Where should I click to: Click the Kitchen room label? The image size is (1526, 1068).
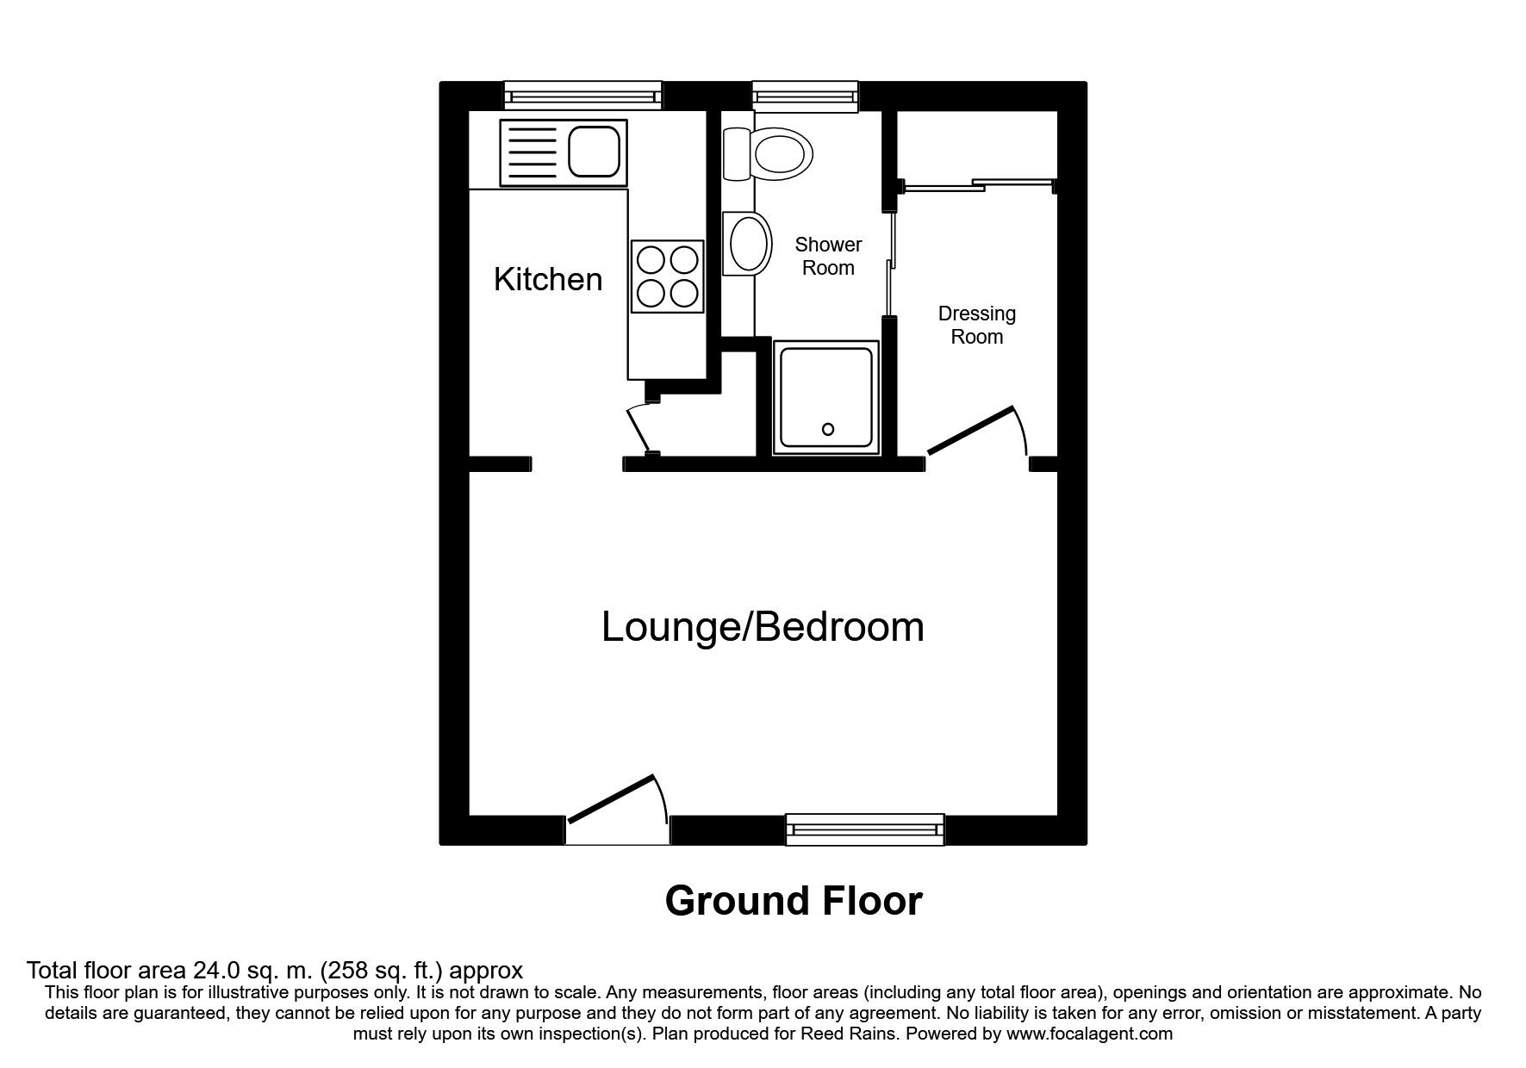(548, 279)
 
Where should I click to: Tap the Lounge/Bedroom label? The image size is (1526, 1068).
(763, 627)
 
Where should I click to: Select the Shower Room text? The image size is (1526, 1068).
(828, 256)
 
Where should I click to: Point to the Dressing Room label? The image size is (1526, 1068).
(976, 325)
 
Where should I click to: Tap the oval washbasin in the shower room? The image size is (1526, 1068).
(749, 245)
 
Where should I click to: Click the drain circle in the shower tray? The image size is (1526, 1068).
(828, 429)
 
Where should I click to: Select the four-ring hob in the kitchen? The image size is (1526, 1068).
(667, 276)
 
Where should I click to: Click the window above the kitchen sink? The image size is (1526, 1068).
(582, 96)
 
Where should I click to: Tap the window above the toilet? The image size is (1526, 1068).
(805, 96)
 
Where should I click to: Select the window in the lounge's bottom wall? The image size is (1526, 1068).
(865, 829)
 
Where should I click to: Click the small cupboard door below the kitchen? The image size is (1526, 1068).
(640, 432)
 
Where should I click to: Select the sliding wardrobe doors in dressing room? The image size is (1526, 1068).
(976, 184)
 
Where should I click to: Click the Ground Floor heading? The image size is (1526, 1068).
(793, 901)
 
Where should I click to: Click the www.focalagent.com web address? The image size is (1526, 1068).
(1088, 1034)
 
